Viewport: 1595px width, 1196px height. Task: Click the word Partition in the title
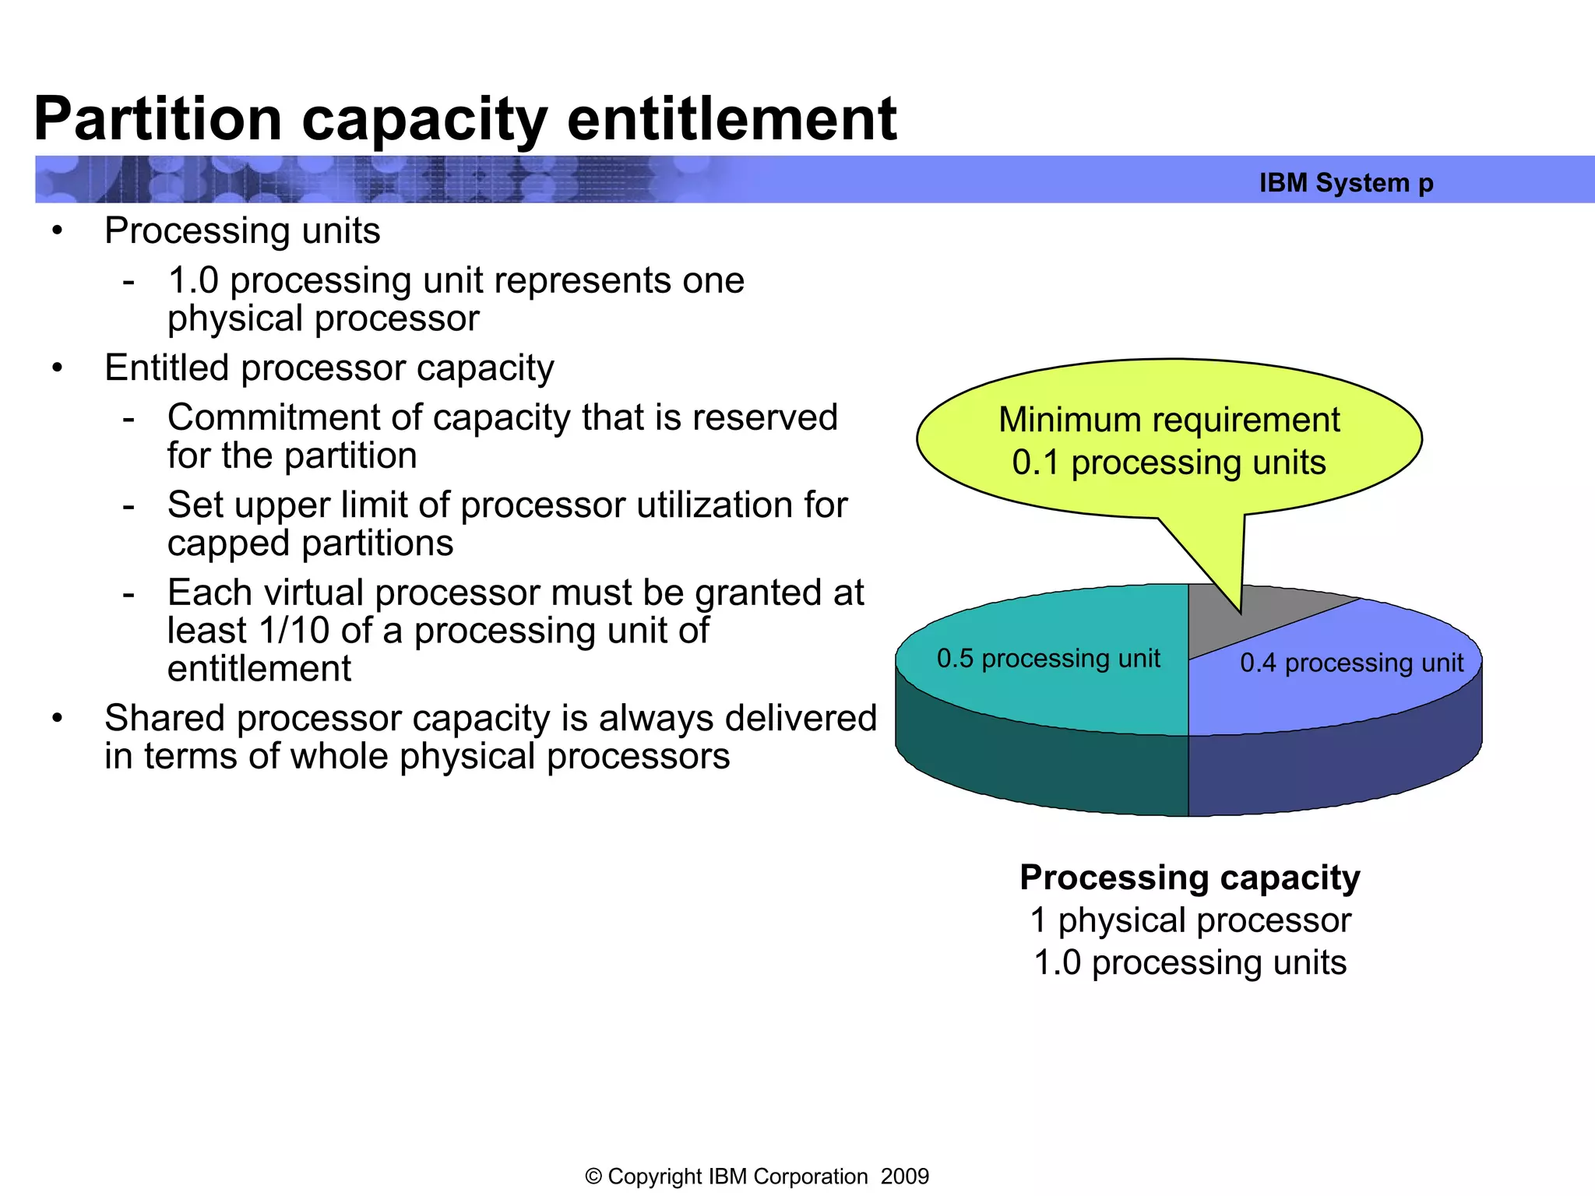pos(158,119)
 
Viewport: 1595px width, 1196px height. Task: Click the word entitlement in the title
pos(732,119)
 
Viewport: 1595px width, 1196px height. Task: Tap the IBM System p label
pos(1346,183)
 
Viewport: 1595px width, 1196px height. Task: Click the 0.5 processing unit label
pos(1048,659)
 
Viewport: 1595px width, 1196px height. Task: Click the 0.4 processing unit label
pos(1351,663)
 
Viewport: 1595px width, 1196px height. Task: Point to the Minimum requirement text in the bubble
pos(1169,420)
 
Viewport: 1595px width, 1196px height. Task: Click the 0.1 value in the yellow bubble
pos(1035,463)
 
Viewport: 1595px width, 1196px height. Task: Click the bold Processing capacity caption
pos(1189,878)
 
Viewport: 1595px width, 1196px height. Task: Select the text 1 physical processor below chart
pos(1189,920)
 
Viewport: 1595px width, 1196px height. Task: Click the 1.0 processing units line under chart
pos(1189,963)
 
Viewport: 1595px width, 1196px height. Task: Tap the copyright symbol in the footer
pos(593,1177)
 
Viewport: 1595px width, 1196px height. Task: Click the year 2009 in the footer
pos(904,1177)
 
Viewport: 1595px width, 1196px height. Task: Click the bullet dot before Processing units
pos(57,231)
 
